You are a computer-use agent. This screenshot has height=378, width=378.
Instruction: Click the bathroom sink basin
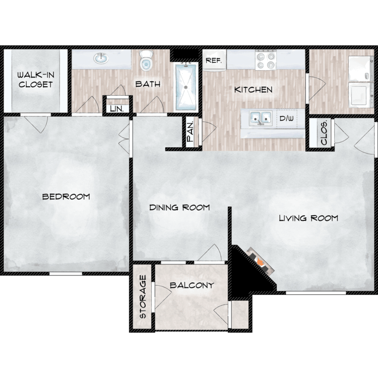(x=101, y=58)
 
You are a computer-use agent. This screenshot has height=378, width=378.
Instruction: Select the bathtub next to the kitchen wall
(x=186, y=86)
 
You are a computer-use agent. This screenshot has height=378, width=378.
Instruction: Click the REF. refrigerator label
(x=213, y=60)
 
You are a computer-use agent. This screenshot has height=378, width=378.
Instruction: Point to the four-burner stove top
(x=266, y=60)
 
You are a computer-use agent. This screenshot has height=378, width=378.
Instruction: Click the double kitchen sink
(x=261, y=118)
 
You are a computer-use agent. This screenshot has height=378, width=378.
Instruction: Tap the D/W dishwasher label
(x=287, y=118)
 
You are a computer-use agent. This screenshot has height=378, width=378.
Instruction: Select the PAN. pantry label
(x=191, y=132)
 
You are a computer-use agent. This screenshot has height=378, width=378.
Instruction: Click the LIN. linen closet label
(x=117, y=109)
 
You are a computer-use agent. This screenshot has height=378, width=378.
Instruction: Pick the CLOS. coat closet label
(x=324, y=133)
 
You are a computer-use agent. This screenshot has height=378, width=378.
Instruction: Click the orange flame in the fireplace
(x=260, y=261)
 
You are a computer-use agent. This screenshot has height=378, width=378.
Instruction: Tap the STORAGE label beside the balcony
(x=143, y=297)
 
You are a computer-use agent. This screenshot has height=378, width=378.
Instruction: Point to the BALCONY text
(x=192, y=285)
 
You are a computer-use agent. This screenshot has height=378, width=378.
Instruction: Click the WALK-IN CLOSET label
(x=36, y=80)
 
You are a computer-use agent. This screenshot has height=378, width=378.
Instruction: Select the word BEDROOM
(x=66, y=197)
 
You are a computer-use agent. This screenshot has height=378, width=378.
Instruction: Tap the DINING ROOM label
(x=179, y=207)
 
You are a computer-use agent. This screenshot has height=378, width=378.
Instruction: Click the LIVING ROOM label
(x=308, y=218)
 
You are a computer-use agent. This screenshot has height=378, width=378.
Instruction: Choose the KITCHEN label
(x=254, y=90)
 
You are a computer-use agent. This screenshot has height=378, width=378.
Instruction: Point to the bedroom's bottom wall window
(x=66, y=274)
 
